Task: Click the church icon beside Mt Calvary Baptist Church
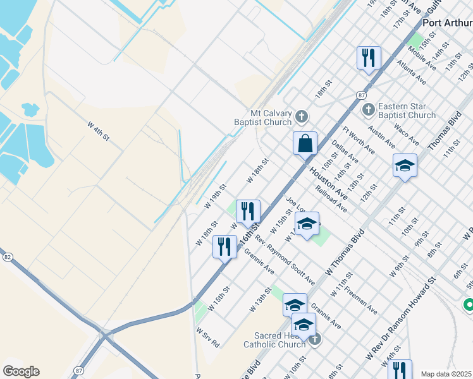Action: [x=302, y=116]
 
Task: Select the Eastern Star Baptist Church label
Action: [x=407, y=111]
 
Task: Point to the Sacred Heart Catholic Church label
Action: [x=274, y=340]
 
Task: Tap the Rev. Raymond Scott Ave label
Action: [x=285, y=259]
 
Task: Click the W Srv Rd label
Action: [x=207, y=337]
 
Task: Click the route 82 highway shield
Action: [x=7, y=257]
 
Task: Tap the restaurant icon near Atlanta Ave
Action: [x=368, y=57]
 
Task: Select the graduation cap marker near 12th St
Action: [x=405, y=166]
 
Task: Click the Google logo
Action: [x=21, y=371]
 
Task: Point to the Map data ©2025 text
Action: [x=446, y=374]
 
